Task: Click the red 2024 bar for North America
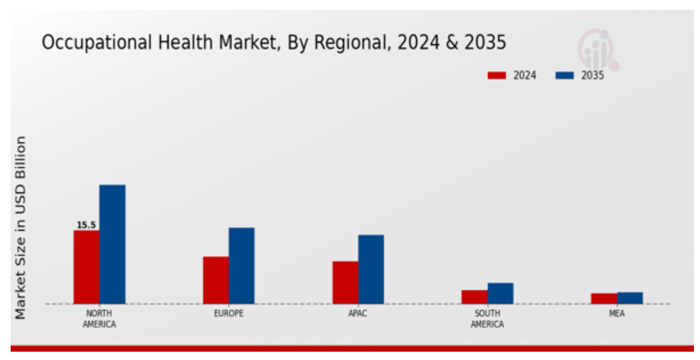tap(87, 267)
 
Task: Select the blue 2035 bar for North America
tap(112, 244)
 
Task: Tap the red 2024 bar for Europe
tap(216, 279)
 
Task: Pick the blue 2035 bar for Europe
tap(241, 265)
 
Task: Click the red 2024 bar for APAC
tap(345, 282)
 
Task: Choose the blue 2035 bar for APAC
tap(371, 269)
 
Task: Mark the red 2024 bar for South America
tap(475, 296)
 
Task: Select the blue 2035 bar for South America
tap(500, 293)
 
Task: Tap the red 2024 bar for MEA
tap(604, 298)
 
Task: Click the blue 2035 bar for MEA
tap(630, 298)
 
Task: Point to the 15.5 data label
tap(86, 225)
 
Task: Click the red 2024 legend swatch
tap(497, 75)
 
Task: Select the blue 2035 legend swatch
tap(564, 75)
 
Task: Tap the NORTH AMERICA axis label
tap(99, 319)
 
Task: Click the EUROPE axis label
tap(229, 314)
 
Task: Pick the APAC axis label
tap(358, 314)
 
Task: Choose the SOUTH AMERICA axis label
tap(487, 319)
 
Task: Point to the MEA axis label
tap(617, 314)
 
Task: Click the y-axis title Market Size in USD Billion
tap(20, 227)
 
